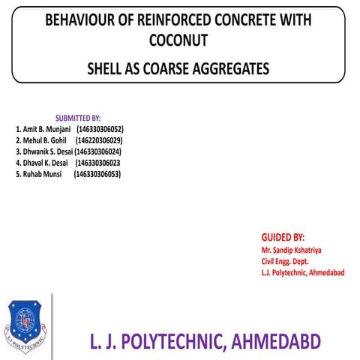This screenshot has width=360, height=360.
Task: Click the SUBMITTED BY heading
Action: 78,118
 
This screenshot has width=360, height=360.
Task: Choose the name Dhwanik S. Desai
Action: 47,151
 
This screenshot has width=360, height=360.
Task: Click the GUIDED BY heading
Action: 277,236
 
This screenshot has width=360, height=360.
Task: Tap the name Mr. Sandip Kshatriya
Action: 292,249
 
